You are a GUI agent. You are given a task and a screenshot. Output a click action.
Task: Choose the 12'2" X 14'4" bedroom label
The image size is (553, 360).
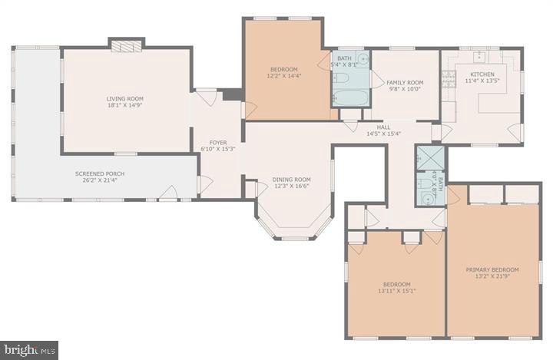[283, 72]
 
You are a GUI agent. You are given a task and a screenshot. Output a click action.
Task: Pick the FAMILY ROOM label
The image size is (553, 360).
[405, 86]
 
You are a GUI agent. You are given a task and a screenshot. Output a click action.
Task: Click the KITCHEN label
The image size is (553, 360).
[482, 78]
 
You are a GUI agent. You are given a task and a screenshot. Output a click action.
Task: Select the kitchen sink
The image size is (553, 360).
[480, 56]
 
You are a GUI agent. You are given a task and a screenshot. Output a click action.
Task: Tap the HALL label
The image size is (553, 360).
[384, 130]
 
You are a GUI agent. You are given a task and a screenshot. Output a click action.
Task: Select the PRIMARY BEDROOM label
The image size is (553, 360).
[492, 274]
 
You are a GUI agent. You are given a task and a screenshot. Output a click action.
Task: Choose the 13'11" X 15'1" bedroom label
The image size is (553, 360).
[396, 288]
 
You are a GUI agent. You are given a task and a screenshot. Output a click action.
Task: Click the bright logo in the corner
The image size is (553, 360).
[29, 350]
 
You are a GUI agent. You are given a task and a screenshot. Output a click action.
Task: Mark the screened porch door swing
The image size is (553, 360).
[167, 193]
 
